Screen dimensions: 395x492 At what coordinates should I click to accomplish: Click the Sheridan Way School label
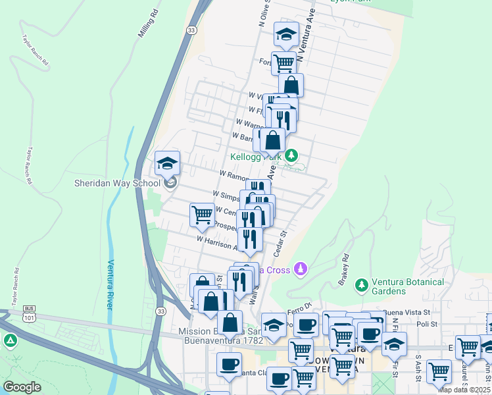tap(117, 183)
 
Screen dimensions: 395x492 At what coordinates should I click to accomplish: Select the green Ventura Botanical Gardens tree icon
tap(360, 285)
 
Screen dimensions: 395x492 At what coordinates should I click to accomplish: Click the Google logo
tap(22, 386)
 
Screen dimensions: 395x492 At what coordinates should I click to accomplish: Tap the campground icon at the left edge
tap(10, 340)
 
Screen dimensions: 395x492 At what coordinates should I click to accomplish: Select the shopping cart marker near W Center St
tap(202, 214)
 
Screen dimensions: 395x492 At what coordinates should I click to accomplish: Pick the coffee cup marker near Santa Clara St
tap(229, 364)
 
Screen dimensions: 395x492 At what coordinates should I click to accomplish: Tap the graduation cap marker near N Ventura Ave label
tap(286, 35)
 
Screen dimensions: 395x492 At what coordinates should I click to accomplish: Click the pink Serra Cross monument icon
tap(301, 269)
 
